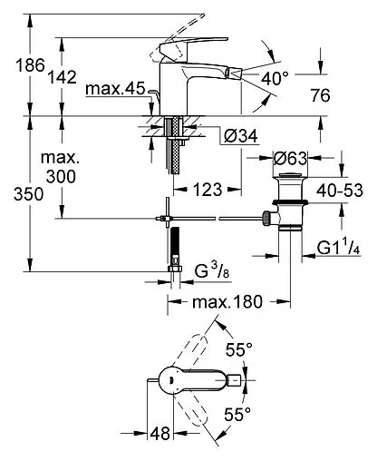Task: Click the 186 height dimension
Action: click(x=30, y=65)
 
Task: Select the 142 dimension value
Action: click(x=63, y=77)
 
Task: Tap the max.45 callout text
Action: click(x=115, y=89)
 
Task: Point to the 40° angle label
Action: click(x=275, y=78)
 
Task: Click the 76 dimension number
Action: click(x=320, y=95)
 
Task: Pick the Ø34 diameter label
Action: click(x=241, y=136)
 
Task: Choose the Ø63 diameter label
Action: click(x=290, y=158)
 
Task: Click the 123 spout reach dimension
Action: click(x=208, y=190)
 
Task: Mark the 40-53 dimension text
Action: click(x=340, y=191)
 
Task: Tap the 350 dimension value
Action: click(x=29, y=194)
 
